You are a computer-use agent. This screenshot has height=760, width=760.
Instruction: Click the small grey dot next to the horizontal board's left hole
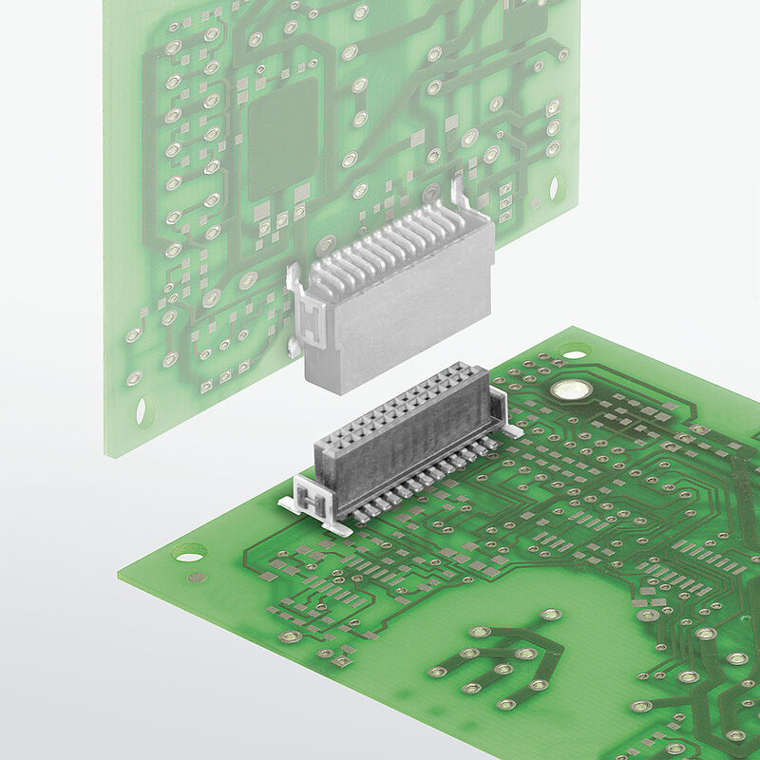197,577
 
